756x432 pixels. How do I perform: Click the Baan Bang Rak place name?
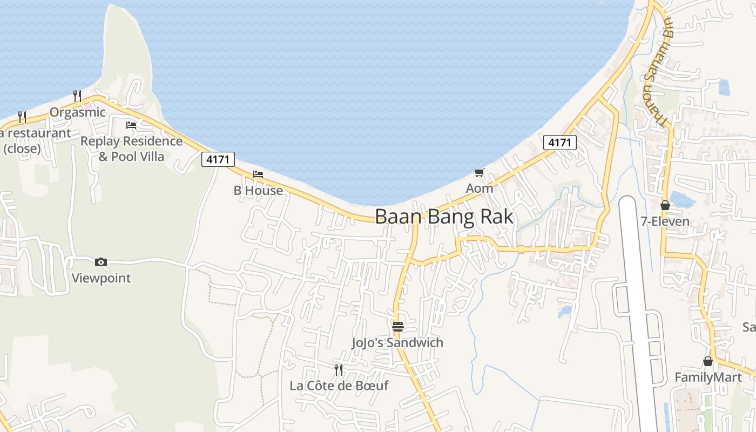click(x=444, y=217)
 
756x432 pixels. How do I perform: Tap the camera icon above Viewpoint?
click(x=101, y=262)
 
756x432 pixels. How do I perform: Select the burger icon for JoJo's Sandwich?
click(x=398, y=326)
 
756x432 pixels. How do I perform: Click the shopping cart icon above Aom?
click(x=479, y=173)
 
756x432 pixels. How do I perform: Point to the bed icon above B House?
click(x=258, y=174)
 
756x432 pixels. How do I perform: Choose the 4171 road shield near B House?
click(x=218, y=159)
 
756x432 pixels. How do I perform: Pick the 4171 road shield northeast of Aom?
click(x=559, y=143)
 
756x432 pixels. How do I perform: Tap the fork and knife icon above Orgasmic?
click(x=77, y=96)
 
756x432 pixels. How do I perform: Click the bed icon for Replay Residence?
click(x=131, y=125)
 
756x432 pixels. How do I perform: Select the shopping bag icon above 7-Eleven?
click(x=665, y=205)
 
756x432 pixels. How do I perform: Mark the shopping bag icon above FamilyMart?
click(x=708, y=361)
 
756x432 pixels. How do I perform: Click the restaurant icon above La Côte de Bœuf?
click(x=339, y=370)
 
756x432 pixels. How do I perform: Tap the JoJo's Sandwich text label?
click(x=397, y=343)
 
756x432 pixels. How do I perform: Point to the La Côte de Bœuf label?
click(x=339, y=386)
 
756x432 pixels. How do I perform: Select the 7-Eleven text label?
click(x=665, y=221)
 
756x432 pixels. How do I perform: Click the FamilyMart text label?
click(x=708, y=377)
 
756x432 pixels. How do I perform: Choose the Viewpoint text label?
click(x=102, y=279)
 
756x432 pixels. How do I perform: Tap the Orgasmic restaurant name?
click(x=78, y=112)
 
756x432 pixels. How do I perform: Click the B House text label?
click(x=258, y=191)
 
